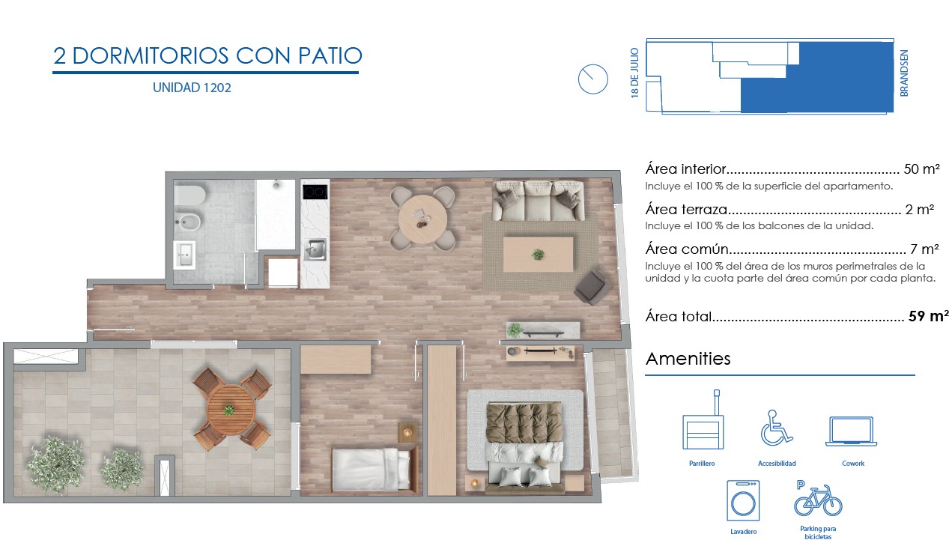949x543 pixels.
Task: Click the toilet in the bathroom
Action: pos(190,195)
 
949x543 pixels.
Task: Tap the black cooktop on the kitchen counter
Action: pos(315,192)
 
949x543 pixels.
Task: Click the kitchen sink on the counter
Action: pos(315,249)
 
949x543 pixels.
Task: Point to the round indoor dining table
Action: pos(422,219)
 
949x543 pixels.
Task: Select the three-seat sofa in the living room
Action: pos(538,201)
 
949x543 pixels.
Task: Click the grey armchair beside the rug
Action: pos(592,287)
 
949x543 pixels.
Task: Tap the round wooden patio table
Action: pos(231,410)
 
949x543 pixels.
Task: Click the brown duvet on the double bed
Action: pos(524,423)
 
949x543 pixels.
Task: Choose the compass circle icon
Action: pos(592,79)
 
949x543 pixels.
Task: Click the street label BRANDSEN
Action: pos(903,73)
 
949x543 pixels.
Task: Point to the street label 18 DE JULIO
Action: pos(634,73)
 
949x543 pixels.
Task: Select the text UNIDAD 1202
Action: pos(192,88)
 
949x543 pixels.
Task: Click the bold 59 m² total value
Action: pos(928,316)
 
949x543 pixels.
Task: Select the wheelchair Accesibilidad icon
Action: pos(776,428)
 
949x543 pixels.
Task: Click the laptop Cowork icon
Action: pos(851,431)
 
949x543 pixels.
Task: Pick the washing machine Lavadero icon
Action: pos(743,500)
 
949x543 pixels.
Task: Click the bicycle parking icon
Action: pos(818,499)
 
